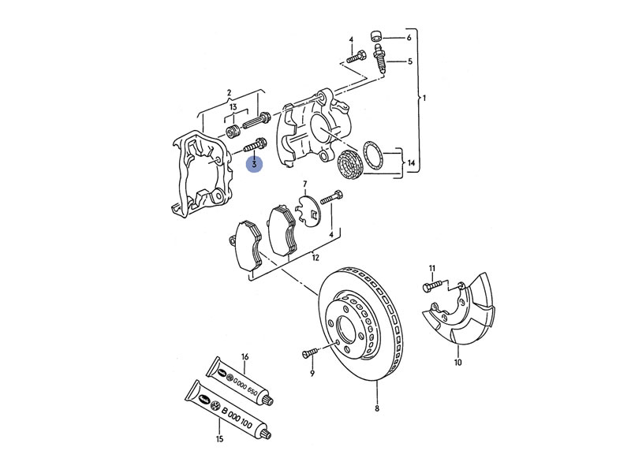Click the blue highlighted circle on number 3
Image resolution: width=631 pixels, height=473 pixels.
[255, 163]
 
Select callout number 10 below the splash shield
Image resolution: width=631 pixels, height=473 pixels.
[457, 363]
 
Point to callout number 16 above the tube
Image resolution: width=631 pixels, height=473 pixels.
[245, 357]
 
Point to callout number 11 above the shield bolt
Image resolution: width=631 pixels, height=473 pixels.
[432, 269]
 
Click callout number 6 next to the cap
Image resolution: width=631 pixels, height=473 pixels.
[409, 38]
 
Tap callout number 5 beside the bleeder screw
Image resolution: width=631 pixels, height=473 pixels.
[409, 61]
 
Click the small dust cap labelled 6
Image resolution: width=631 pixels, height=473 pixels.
[378, 35]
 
